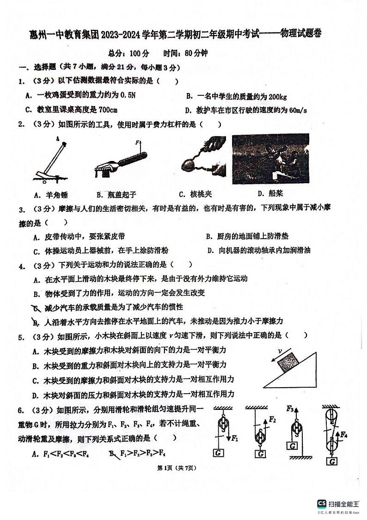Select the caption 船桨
tap(276, 193)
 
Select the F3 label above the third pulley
tap(290, 409)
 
